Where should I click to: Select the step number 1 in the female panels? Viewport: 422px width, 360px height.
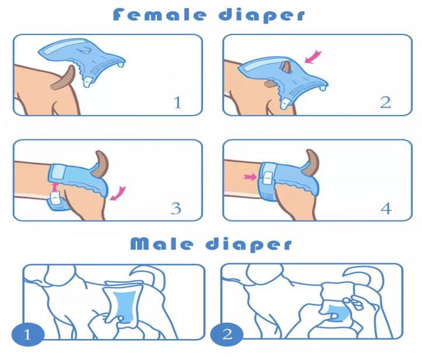point(177,103)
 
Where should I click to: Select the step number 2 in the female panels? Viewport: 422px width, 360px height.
point(385,103)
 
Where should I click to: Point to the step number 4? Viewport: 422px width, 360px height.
point(386,208)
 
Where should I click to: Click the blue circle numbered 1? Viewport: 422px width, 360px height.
point(27,335)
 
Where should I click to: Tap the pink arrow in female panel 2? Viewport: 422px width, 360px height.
point(313,56)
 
